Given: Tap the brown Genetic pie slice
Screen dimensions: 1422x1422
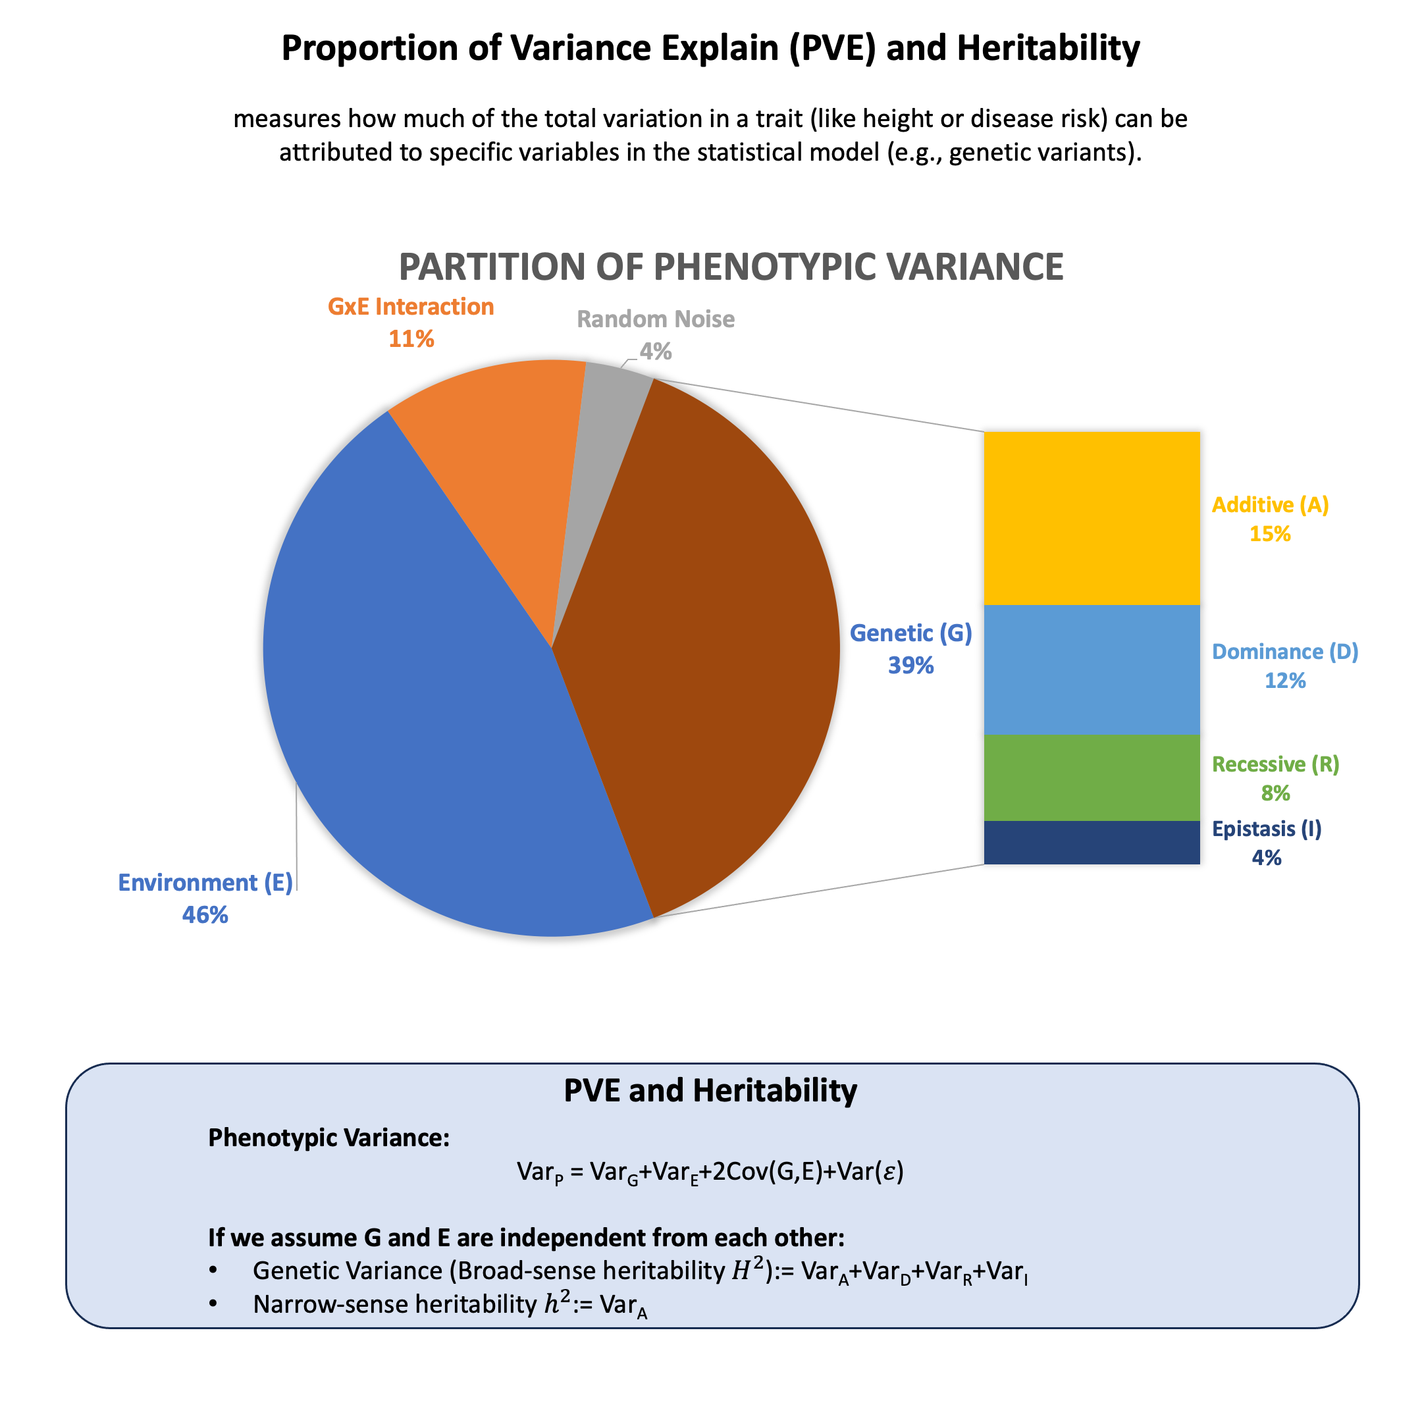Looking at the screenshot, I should [x=699, y=648].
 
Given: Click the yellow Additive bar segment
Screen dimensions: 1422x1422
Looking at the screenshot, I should [x=1092, y=518].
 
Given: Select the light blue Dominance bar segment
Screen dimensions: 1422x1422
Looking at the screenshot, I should [x=1092, y=669].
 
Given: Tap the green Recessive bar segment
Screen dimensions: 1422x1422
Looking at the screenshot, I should [x=1092, y=777].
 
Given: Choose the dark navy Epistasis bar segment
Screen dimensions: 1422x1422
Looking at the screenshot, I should [x=1092, y=842].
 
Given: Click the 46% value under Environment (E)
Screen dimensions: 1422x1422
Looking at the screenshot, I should [x=205, y=915].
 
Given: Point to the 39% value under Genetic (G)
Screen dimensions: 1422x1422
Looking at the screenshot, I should [x=910, y=666].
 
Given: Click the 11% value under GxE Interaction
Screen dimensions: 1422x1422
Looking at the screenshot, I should [x=411, y=338].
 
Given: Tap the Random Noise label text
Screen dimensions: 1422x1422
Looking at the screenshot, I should [x=655, y=319].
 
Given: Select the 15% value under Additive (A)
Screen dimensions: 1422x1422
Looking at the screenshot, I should [x=1270, y=534].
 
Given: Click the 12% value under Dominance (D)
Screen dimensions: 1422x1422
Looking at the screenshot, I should [x=1284, y=680].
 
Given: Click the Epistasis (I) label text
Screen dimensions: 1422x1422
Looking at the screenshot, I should [x=1266, y=829].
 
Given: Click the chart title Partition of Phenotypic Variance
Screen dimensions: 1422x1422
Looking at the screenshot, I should [x=730, y=267].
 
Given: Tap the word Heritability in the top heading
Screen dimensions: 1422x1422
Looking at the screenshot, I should [x=1048, y=49].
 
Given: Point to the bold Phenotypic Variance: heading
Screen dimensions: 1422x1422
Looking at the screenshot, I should [x=329, y=1137].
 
